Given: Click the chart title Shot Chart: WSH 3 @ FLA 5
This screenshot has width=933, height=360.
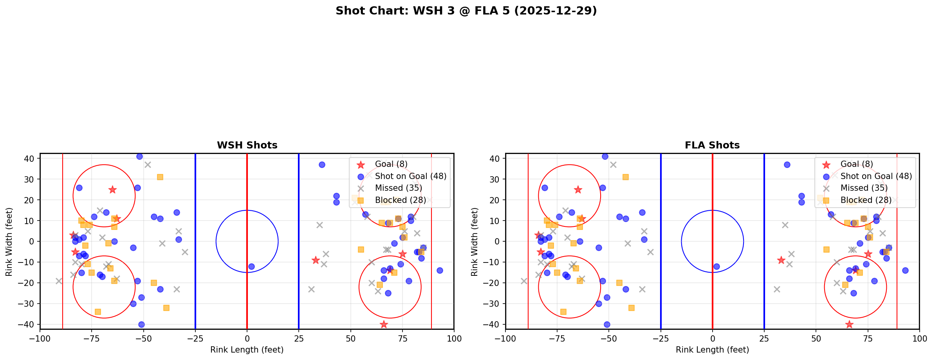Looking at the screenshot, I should click(x=466, y=11).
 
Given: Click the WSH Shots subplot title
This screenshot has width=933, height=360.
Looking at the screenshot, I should click(x=247, y=145).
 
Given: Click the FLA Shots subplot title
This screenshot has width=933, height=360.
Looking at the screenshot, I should click(x=712, y=145).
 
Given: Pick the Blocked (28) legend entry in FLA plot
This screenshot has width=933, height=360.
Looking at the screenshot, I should click(x=866, y=200).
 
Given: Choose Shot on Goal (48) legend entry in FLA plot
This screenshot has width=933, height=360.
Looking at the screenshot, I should click(x=876, y=176).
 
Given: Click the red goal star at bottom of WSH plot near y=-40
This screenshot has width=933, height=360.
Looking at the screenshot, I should click(x=384, y=324).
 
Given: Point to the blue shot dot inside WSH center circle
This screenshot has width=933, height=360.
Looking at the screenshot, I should click(x=251, y=266).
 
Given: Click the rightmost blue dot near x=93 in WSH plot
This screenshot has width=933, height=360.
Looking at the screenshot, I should click(x=440, y=270).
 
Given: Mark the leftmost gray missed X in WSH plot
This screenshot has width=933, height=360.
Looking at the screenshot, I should click(x=59, y=281).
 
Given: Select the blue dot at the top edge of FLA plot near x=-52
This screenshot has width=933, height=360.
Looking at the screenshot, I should click(x=605, y=156).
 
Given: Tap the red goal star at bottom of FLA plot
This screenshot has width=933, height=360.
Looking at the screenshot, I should click(x=849, y=324).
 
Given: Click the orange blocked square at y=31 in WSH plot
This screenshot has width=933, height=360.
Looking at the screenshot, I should click(x=160, y=177).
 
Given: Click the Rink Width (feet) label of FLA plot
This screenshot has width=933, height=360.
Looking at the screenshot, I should click(x=475, y=241).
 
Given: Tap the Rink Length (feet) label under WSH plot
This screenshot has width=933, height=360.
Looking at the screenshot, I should click(x=247, y=350).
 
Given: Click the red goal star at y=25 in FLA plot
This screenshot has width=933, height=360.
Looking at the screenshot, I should click(x=578, y=190).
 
